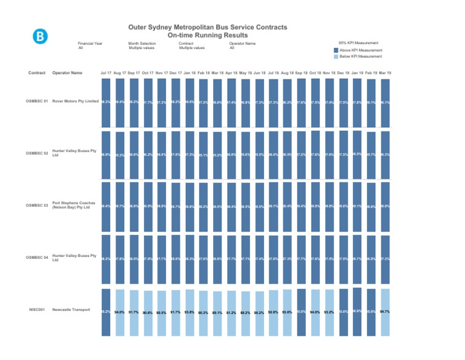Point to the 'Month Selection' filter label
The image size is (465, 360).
[142, 44]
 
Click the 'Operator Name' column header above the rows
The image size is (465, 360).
[68, 73]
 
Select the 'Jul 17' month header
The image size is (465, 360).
[106, 73]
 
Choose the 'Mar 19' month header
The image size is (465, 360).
[384, 73]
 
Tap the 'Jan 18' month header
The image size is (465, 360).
[190, 73]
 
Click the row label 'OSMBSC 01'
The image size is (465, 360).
[38, 101]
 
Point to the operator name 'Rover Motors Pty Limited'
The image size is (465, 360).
[76, 101]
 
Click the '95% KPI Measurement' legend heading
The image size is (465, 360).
[358, 43]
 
